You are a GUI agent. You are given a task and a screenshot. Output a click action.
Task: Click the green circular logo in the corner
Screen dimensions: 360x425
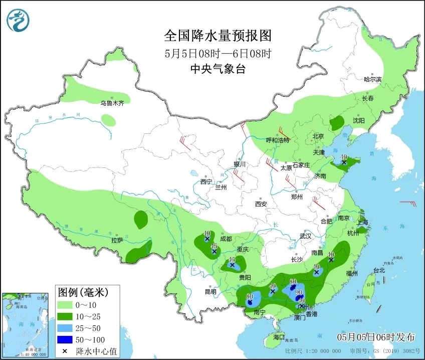(18, 20)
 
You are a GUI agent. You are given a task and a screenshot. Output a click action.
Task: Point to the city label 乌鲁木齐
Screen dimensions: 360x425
(111, 103)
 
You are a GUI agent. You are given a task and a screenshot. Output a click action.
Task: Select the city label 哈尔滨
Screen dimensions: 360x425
(372, 79)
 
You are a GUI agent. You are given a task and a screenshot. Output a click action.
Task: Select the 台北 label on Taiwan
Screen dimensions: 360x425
(379, 270)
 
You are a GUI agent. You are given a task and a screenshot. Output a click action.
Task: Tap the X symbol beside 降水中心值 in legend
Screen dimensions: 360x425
(65, 350)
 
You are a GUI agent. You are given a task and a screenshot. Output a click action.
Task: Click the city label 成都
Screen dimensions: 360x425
(226, 239)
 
